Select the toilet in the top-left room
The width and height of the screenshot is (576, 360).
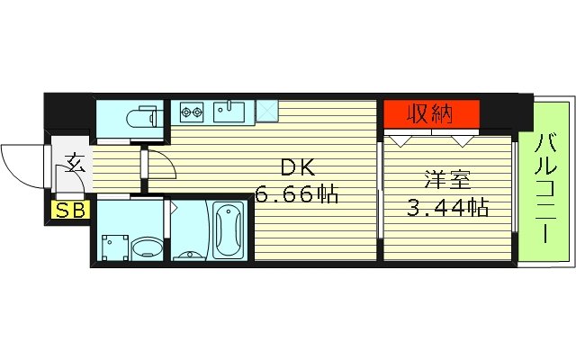pos(139,117)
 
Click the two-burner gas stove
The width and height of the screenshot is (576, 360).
pos(192,112)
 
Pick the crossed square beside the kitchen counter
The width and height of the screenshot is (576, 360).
pos(267,112)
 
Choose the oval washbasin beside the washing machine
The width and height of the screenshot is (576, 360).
pos(146,247)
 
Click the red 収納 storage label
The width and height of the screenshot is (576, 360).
pos(431,113)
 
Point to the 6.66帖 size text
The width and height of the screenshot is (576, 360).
pos(296,193)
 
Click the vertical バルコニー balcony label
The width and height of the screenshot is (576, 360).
pos(544,188)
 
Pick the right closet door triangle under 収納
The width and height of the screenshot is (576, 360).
pos(463,139)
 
